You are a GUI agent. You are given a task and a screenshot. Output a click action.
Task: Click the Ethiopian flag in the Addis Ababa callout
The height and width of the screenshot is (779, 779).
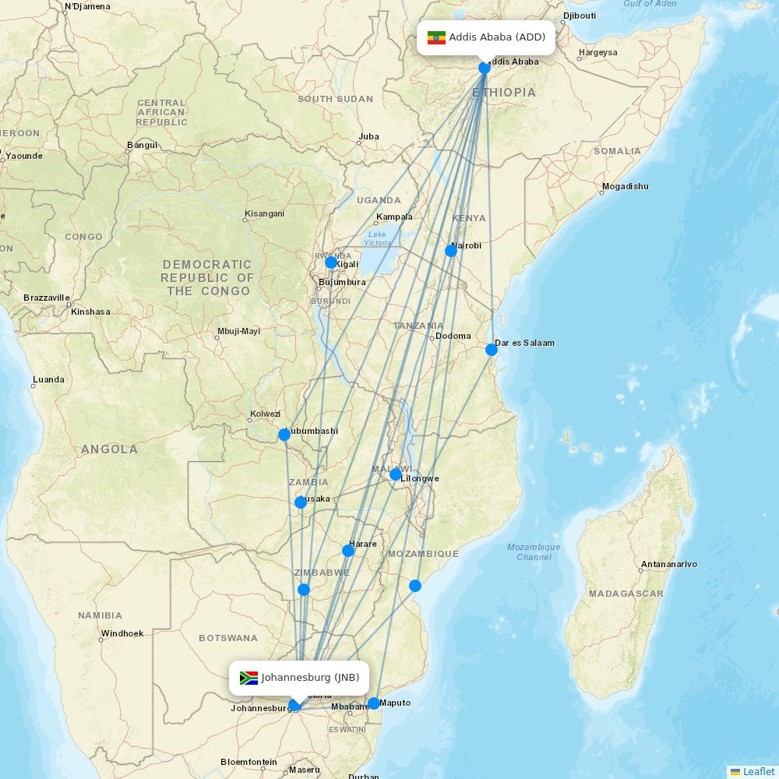(x=436, y=37)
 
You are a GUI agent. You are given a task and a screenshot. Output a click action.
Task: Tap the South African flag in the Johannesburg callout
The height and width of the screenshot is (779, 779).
(x=249, y=678)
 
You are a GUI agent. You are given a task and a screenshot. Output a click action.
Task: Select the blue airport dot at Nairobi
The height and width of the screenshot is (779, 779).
(x=451, y=250)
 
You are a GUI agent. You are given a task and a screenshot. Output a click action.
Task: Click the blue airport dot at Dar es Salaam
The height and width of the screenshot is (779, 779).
(x=492, y=350)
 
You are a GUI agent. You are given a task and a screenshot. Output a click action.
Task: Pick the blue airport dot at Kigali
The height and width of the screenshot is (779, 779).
(x=331, y=263)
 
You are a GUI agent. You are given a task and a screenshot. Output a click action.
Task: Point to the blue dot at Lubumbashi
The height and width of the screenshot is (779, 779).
(x=284, y=435)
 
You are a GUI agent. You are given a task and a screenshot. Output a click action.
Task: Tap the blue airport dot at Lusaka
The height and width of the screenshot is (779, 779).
(x=301, y=502)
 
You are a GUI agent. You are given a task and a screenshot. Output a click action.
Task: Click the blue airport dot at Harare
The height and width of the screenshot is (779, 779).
(x=348, y=551)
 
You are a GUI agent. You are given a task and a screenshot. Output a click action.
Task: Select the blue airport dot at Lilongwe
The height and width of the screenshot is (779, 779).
(x=396, y=474)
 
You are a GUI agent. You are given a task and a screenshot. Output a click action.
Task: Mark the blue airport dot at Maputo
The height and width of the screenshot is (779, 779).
(x=374, y=703)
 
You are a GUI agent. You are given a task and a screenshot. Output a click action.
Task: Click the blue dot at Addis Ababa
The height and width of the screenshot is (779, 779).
(x=485, y=68)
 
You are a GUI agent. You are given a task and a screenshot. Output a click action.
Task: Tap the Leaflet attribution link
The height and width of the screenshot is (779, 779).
(x=758, y=771)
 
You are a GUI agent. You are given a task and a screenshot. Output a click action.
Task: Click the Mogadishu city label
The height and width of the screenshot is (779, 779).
(x=625, y=187)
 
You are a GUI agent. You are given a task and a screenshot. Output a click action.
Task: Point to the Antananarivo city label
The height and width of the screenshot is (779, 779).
(x=668, y=564)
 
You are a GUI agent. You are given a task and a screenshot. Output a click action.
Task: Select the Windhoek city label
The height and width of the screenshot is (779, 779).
(x=122, y=633)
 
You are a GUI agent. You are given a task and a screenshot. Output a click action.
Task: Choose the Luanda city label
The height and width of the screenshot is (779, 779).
(x=48, y=380)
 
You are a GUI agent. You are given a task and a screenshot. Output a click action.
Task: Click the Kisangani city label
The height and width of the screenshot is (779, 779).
(x=265, y=213)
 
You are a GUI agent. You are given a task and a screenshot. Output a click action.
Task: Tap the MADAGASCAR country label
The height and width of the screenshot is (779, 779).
(x=626, y=594)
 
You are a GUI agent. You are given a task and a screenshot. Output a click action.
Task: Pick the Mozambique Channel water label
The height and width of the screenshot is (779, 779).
(x=534, y=552)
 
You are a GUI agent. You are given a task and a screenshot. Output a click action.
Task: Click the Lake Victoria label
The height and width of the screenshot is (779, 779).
(x=377, y=238)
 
